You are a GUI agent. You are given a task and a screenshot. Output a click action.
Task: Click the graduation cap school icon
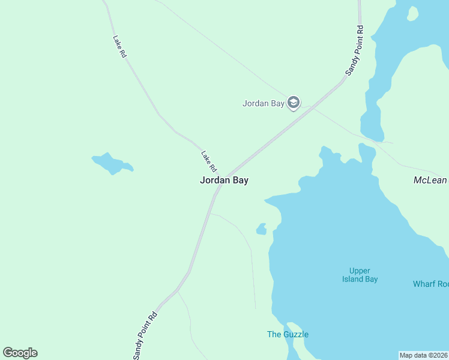(x=294, y=103)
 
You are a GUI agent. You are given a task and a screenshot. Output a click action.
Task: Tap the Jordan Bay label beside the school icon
(x=263, y=103)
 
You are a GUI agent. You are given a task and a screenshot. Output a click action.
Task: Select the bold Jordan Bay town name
(x=224, y=180)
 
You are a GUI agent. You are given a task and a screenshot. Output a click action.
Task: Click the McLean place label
(x=430, y=180)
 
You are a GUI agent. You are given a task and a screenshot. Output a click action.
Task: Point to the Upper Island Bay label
(x=360, y=275)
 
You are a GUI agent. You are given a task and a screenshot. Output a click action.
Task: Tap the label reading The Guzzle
(x=288, y=334)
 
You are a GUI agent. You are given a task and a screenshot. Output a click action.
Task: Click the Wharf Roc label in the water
(x=430, y=284)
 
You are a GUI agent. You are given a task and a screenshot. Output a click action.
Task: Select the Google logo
(x=20, y=353)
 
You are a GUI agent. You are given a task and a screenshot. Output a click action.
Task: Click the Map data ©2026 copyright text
(x=423, y=355)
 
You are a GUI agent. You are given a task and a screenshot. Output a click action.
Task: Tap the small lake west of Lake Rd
(x=110, y=163)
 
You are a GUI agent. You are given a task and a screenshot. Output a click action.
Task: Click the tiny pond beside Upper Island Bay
(x=261, y=229)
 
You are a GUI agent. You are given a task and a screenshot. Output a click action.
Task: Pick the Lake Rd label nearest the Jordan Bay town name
(x=208, y=160)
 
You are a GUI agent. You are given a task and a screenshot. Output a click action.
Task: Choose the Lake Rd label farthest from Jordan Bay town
(x=119, y=46)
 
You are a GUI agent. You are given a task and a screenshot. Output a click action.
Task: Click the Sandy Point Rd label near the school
(x=355, y=50)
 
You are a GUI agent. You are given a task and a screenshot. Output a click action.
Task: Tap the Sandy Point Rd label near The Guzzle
(x=145, y=335)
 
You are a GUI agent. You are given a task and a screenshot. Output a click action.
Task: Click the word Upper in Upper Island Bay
(x=360, y=271)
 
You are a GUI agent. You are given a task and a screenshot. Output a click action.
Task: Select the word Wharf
(x=424, y=284)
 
